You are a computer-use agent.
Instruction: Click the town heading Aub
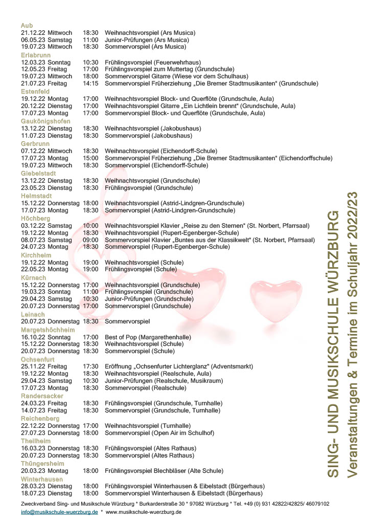click(27, 26)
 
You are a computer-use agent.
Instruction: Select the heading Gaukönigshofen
click(45, 121)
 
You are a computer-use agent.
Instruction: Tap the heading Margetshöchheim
click(48, 330)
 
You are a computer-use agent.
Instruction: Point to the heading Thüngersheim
click(41, 464)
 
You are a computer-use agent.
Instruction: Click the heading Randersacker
click(42, 396)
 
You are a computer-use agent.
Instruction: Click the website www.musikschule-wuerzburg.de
click(143, 512)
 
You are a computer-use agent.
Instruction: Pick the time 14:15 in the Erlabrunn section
click(90, 83)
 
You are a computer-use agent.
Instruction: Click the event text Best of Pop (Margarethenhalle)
click(148, 337)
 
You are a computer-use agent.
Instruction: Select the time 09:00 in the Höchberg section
click(90, 239)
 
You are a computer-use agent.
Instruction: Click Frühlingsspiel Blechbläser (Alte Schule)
click(164, 471)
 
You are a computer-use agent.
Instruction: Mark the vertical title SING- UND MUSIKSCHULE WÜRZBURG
click(333, 343)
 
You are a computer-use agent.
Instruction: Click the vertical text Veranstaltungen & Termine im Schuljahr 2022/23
click(352, 335)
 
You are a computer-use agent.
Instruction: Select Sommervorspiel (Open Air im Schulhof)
click(159, 433)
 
